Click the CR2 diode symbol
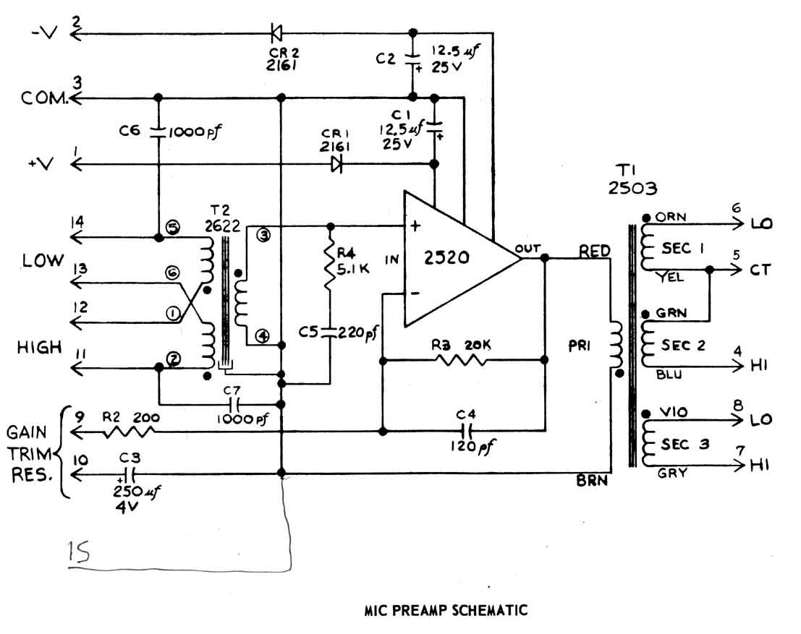tap(276, 34)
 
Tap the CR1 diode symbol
tap(336, 164)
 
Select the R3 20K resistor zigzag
tap(459, 361)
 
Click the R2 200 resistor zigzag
tap(129, 433)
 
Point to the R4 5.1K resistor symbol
tap(330, 265)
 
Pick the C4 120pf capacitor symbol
tap(467, 430)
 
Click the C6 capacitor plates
tap(158, 132)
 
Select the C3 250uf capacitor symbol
tap(130, 475)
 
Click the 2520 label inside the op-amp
tap(446, 257)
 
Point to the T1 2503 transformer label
tap(632, 179)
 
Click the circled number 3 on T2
tap(263, 235)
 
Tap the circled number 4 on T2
tap(263, 335)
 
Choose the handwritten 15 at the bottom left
tap(79, 552)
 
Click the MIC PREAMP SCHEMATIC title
tap(446, 610)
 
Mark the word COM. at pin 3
tap(44, 98)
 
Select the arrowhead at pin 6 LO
tap(737, 223)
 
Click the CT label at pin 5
tap(760, 270)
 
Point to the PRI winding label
tap(579, 346)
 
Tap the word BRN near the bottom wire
tap(592, 480)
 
